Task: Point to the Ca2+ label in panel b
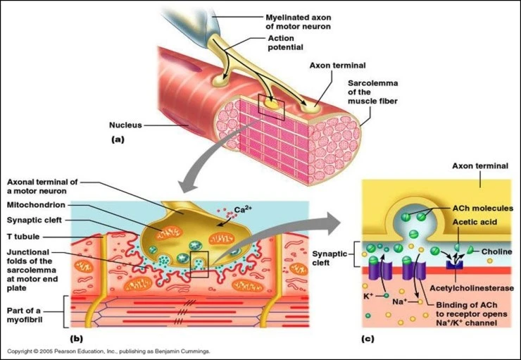[243, 208]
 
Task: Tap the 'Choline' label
[498, 252]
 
